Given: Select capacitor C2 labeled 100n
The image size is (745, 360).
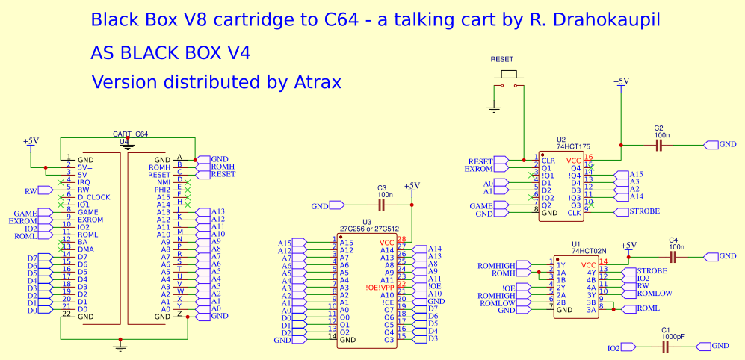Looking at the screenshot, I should (x=658, y=144).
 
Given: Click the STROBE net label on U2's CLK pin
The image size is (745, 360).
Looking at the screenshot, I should (x=644, y=212).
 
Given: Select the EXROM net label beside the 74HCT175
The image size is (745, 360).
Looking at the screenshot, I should (x=478, y=169).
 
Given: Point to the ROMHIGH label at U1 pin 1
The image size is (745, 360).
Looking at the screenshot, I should (x=496, y=265).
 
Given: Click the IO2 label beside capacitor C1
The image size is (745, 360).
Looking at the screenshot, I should (x=613, y=348).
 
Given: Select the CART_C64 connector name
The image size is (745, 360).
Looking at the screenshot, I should (x=130, y=134).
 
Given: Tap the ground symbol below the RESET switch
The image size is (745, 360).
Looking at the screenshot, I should (x=493, y=109).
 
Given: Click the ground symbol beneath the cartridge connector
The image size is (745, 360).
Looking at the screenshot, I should (x=120, y=345).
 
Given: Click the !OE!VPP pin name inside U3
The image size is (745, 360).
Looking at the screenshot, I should (x=380, y=287).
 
